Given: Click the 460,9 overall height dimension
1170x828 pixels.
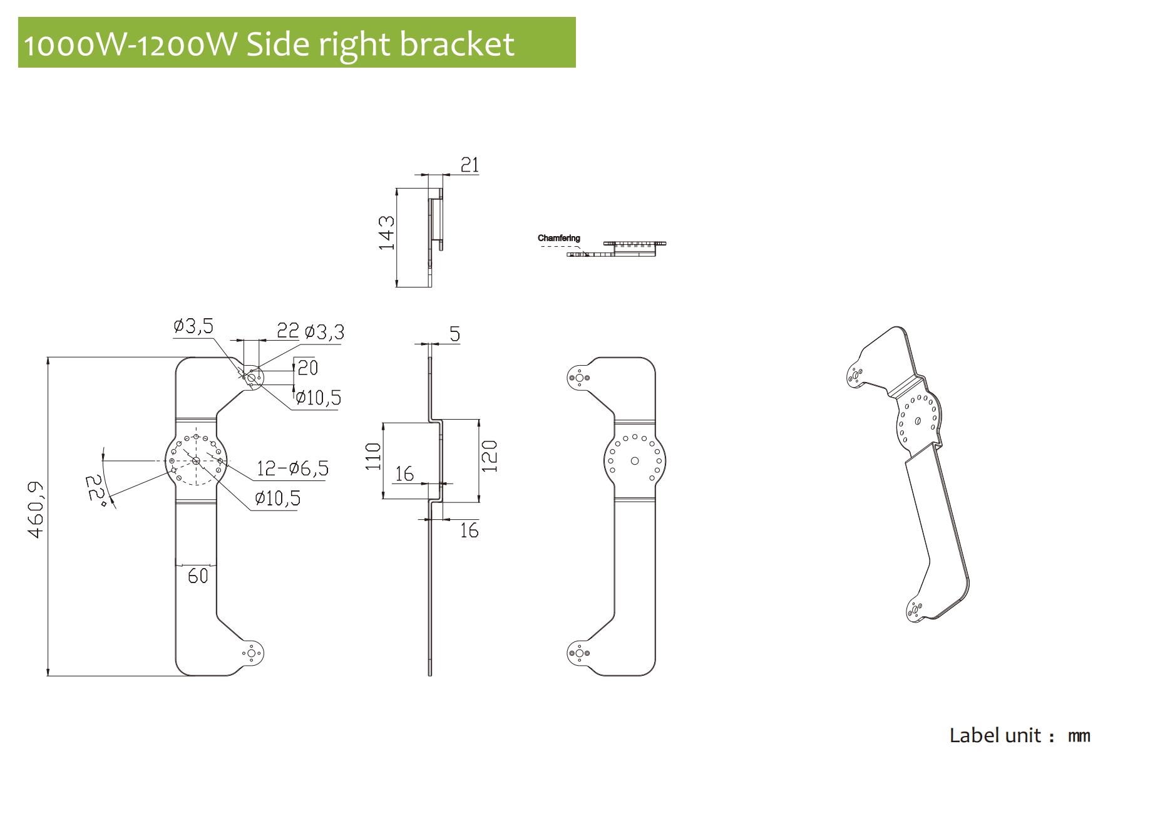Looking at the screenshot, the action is (x=37, y=509).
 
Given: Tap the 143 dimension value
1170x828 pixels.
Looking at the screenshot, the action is (x=387, y=232).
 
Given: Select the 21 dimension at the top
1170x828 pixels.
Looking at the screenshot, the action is (x=470, y=165).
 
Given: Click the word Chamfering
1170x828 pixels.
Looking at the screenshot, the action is (x=558, y=238).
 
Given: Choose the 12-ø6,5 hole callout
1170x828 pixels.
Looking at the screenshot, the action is (x=292, y=468).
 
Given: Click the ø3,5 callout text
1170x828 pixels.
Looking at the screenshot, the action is (x=193, y=326).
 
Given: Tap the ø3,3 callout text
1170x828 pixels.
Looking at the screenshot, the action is (x=324, y=332).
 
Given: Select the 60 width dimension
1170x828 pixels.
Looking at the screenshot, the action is (x=198, y=576).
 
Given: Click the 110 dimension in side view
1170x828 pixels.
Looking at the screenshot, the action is (x=373, y=456).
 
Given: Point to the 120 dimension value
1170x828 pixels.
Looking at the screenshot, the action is (x=490, y=456).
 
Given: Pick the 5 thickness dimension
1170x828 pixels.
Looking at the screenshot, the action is (x=455, y=334).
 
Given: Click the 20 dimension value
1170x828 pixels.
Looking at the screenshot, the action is (x=307, y=367).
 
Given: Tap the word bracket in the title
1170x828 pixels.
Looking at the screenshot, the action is (x=457, y=44).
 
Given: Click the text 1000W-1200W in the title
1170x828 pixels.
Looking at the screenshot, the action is (x=130, y=44).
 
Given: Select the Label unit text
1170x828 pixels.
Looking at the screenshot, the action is (x=995, y=735).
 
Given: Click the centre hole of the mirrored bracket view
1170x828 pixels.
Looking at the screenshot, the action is (x=635, y=461).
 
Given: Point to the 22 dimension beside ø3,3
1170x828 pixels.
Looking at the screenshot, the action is (x=288, y=330).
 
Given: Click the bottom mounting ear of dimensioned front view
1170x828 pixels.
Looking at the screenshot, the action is (x=252, y=654).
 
